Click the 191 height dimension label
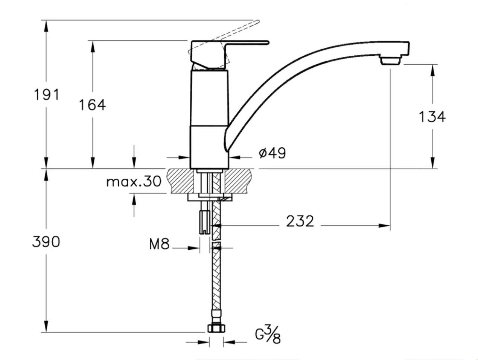(47, 95)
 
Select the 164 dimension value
(92, 105)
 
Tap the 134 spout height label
(432, 117)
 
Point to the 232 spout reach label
(300, 221)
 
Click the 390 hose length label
(46, 242)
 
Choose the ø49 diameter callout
(272, 153)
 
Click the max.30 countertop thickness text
(134, 182)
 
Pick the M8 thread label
(159, 244)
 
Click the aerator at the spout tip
(391, 60)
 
